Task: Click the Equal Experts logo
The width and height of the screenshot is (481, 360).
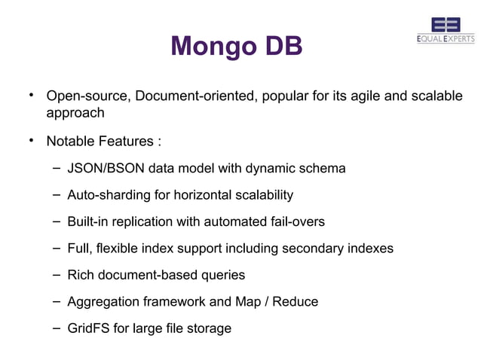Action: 446,31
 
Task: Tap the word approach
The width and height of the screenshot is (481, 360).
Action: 75,113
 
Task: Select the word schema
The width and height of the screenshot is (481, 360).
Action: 323,168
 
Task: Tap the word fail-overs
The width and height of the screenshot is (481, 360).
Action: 297,221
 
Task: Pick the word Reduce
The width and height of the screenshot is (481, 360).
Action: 296,301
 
